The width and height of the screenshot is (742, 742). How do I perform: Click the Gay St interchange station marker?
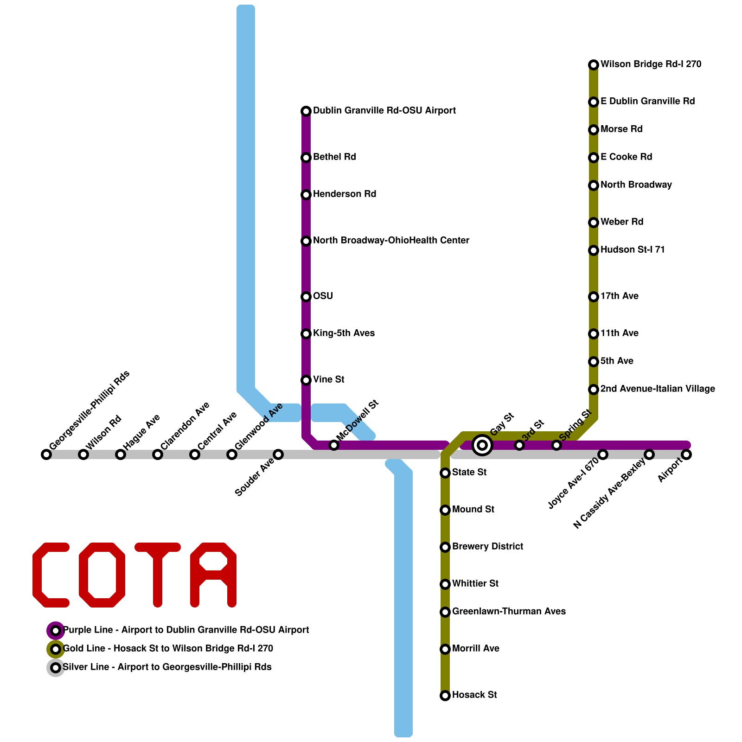tap(482, 445)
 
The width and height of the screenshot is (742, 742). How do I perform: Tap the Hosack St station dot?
tap(445, 696)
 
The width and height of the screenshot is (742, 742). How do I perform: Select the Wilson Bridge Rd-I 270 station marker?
tap(594, 65)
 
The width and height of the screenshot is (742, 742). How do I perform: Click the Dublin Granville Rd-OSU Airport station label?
tap(384, 111)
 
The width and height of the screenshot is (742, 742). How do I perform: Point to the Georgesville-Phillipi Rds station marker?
tap(46, 454)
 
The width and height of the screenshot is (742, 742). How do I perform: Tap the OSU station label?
tap(323, 296)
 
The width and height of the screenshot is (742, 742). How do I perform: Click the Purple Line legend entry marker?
tap(56, 631)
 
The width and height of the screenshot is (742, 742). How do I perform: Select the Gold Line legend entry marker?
tap(56, 649)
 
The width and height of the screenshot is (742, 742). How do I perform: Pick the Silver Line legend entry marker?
tap(56, 668)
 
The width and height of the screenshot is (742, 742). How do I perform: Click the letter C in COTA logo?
tap(49, 575)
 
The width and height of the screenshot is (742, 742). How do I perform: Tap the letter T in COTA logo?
tap(158, 575)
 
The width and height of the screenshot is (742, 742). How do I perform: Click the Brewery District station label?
tap(487, 547)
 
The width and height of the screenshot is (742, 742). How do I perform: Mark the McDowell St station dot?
tap(334, 445)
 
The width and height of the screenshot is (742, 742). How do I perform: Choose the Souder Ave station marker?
tap(278, 454)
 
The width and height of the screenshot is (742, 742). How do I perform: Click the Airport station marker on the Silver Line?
tap(686, 454)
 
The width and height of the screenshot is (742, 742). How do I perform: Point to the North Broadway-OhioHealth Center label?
tap(391, 241)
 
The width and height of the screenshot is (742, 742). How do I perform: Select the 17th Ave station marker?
tap(594, 297)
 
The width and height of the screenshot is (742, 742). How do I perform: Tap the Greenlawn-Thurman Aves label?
tap(509, 612)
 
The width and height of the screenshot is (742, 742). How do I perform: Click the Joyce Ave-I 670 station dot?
tap(603, 454)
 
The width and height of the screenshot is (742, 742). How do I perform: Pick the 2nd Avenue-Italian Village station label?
tap(658, 389)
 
